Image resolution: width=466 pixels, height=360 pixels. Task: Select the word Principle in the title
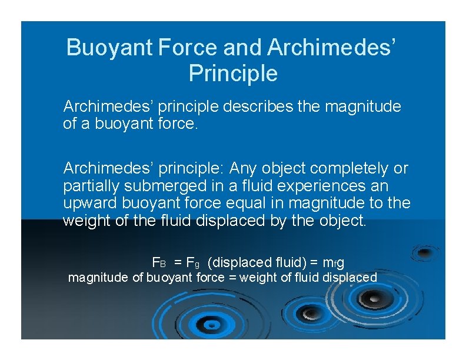click(233, 74)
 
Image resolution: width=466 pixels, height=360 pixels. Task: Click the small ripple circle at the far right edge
click(423, 252)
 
